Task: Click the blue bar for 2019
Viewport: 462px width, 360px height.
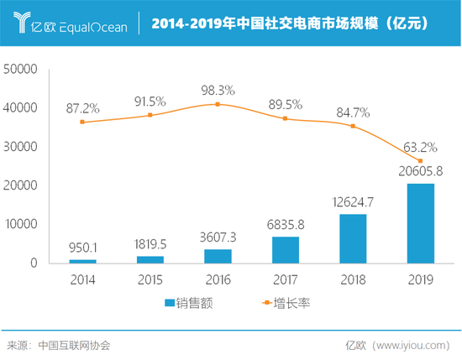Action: pos(420,223)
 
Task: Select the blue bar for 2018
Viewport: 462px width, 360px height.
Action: pos(353,238)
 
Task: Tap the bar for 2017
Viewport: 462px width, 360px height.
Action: pos(286,249)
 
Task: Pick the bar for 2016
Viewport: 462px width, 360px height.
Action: pos(218,256)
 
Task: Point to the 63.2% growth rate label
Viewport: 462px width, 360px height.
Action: pos(420,146)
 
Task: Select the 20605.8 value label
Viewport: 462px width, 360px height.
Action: pos(420,171)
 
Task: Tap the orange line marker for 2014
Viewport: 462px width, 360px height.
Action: pos(82,122)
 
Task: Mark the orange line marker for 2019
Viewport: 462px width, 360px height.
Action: pos(420,161)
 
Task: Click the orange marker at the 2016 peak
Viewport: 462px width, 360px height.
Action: pos(218,104)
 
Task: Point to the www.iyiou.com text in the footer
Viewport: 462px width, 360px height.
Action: pos(416,345)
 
